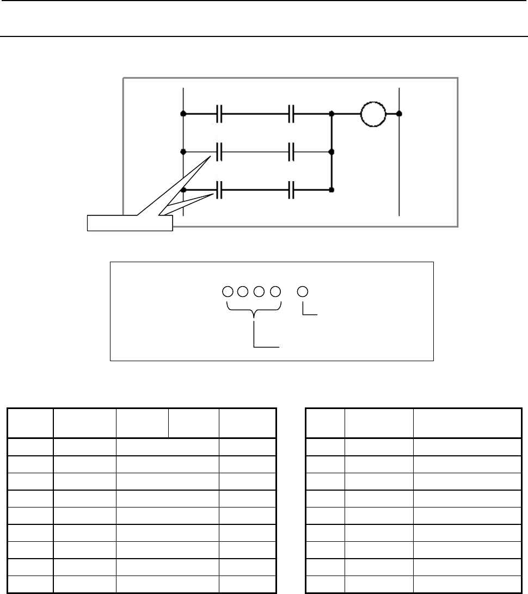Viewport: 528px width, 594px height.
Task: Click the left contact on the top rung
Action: (x=220, y=115)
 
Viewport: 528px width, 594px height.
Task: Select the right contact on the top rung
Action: (x=291, y=115)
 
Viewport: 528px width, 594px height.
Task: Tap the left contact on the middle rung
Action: (x=220, y=151)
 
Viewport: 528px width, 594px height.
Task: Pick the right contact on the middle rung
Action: (x=291, y=151)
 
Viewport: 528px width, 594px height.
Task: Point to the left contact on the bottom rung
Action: (x=220, y=190)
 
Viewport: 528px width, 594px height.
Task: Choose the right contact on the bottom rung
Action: (x=291, y=190)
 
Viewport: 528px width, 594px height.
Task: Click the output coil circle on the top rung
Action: (x=373, y=114)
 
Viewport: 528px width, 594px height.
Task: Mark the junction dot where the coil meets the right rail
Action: (x=400, y=114)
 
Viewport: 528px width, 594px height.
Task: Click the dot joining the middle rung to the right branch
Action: (x=331, y=152)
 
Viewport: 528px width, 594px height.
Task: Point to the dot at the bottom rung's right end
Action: (x=331, y=190)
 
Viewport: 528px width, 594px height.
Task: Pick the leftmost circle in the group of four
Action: (x=228, y=291)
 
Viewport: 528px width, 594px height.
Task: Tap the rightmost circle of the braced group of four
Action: (x=275, y=291)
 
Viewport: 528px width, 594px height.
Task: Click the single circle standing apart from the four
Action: (x=303, y=291)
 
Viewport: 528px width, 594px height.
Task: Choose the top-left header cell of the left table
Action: (x=30, y=423)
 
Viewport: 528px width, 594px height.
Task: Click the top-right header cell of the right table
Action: (x=466, y=423)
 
